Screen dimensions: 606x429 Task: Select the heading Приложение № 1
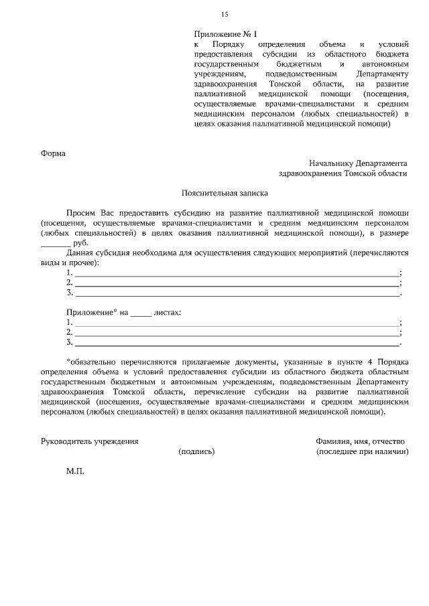coord(225,33)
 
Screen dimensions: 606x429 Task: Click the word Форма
coord(54,153)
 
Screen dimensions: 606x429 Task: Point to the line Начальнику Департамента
coord(358,163)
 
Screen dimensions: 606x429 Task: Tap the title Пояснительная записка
coord(225,194)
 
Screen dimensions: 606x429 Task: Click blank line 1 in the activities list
coord(237,273)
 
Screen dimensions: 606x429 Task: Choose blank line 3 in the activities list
coord(237,293)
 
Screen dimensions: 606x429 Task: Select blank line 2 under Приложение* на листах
coord(237,333)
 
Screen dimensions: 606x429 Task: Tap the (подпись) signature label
coord(196,452)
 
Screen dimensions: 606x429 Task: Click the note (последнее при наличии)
coord(362,452)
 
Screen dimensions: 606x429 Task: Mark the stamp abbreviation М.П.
coord(75,471)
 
